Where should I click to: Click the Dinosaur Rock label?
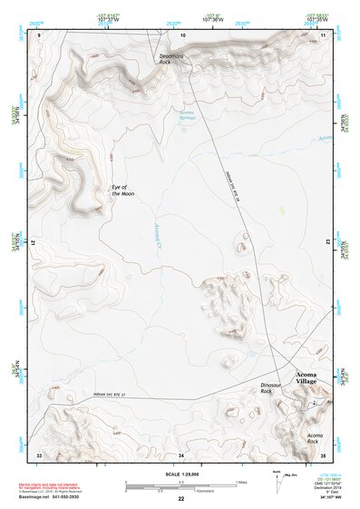click(x=273, y=388)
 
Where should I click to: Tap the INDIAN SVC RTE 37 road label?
click(x=115, y=396)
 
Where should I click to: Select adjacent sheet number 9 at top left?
click(x=40, y=34)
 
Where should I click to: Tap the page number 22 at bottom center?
click(x=181, y=499)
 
